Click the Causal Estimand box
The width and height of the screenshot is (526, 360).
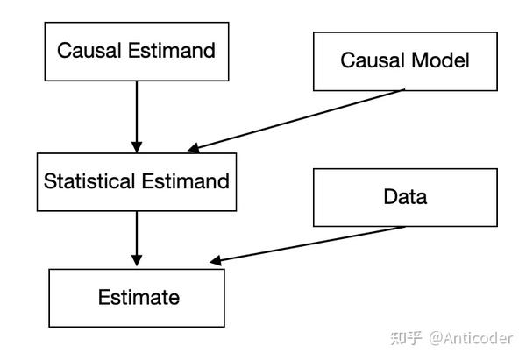(136, 50)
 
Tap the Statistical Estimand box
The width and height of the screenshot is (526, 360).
(136, 181)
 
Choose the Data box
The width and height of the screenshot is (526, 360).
(404, 197)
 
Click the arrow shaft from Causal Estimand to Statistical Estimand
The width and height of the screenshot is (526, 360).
(136, 109)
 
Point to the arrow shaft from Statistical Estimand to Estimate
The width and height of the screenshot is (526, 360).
(136, 235)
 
